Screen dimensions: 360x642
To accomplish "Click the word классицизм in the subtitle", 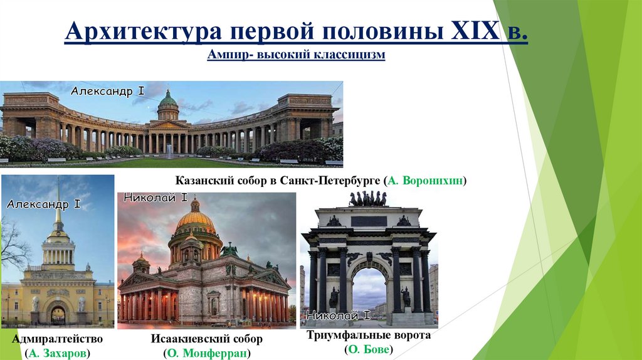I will point(354,55).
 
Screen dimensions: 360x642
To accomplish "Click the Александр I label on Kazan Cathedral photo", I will point(107,92).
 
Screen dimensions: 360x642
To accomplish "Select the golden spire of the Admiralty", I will point(58,201).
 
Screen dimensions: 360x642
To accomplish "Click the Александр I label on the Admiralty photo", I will point(43,204).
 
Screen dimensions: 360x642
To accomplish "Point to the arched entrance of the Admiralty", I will point(58,314).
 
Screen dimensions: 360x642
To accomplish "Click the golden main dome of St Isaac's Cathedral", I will point(195,220).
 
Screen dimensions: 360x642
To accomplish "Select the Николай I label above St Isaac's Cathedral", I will point(155,198).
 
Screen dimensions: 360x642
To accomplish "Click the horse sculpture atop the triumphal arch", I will point(368,199).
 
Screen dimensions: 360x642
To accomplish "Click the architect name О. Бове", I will point(368,350).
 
